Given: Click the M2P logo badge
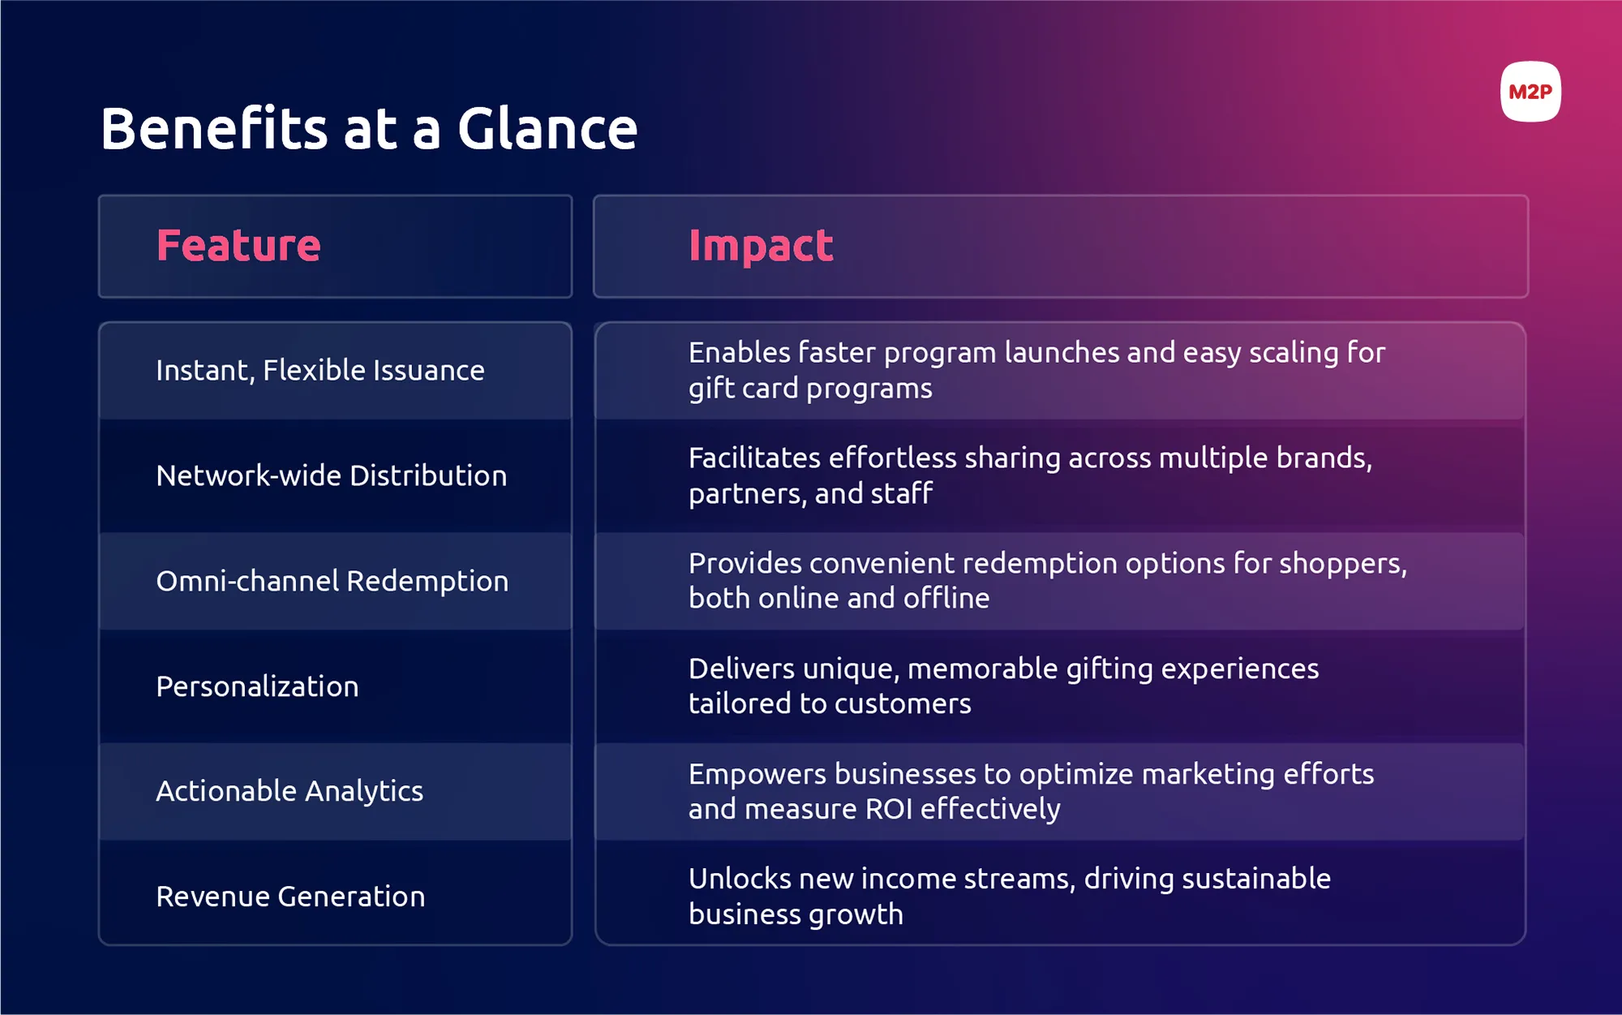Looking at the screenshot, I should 1530,92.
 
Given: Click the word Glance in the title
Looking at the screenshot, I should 547,129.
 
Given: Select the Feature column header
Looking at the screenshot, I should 238,246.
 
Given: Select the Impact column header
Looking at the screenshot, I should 760,246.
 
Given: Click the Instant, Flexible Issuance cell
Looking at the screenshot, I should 320,371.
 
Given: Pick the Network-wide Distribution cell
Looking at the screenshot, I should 331,475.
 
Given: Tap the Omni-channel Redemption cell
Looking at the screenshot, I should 332,581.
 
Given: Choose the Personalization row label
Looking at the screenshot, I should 257,686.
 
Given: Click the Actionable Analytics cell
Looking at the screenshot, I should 290,791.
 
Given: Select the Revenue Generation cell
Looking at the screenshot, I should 290,897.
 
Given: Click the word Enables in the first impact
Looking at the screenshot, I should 739,353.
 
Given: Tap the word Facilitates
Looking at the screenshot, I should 754,458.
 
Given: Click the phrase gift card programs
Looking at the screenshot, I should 810,389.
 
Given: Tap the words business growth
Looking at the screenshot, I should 796,914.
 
